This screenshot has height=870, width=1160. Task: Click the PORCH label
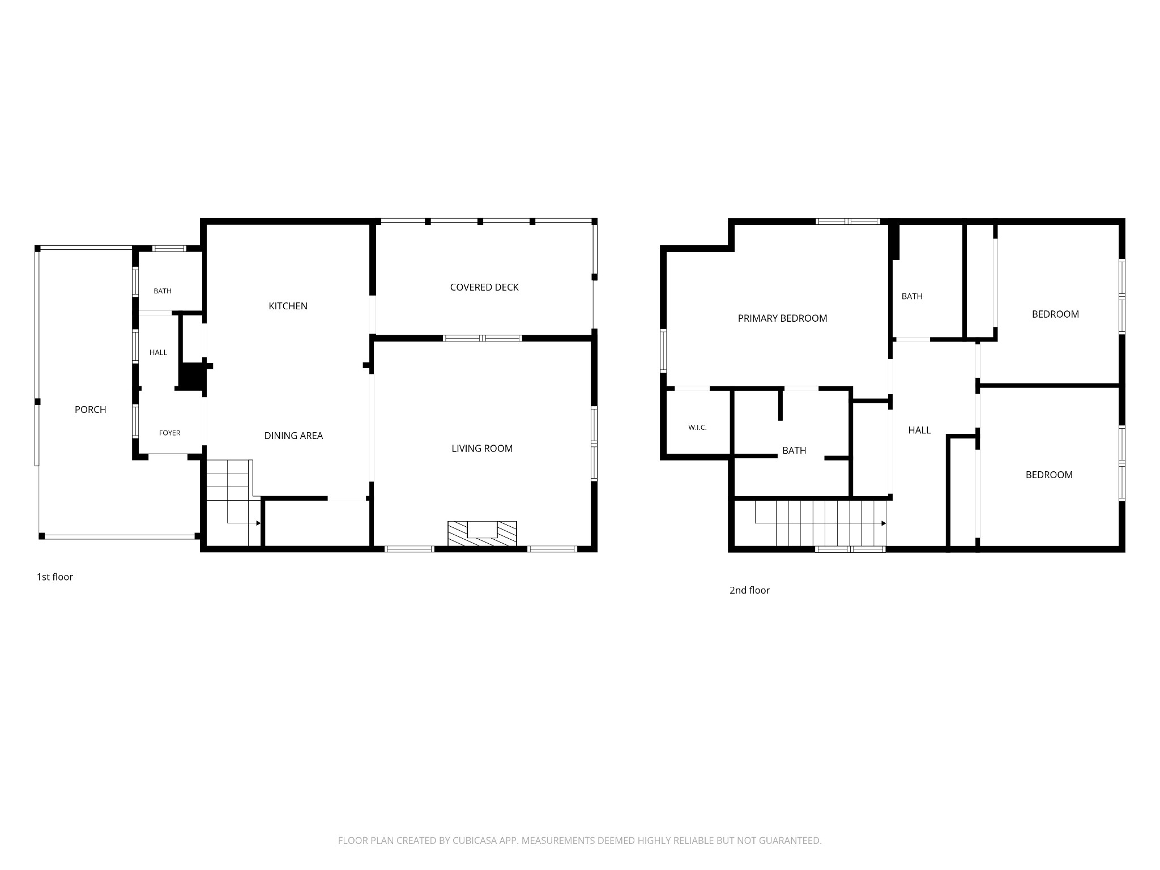click(91, 410)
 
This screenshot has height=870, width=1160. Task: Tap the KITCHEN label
click(288, 306)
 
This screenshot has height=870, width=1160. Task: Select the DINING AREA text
click(293, 436)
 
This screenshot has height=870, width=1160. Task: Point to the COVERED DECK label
click(484, 287)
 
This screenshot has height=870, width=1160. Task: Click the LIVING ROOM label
click(482, 449)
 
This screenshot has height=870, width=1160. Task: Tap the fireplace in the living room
click(482, 534)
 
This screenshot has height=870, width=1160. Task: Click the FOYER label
click(170, 433)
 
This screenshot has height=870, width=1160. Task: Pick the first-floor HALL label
click(159, 352)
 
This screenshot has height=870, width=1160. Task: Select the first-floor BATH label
click(163, 291)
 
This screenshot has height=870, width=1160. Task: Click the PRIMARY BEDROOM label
click(782, 318)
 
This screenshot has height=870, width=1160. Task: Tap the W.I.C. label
click(697, 428)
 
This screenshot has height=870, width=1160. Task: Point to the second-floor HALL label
click(919, 430)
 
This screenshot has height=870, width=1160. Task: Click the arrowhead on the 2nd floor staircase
click(884, 523)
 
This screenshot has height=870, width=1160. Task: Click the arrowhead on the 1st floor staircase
click(258, 523)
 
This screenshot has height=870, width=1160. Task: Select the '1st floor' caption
click(55, 577)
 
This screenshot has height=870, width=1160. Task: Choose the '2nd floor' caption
click(749, 590)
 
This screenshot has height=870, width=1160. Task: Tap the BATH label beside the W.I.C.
click(794, 450)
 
